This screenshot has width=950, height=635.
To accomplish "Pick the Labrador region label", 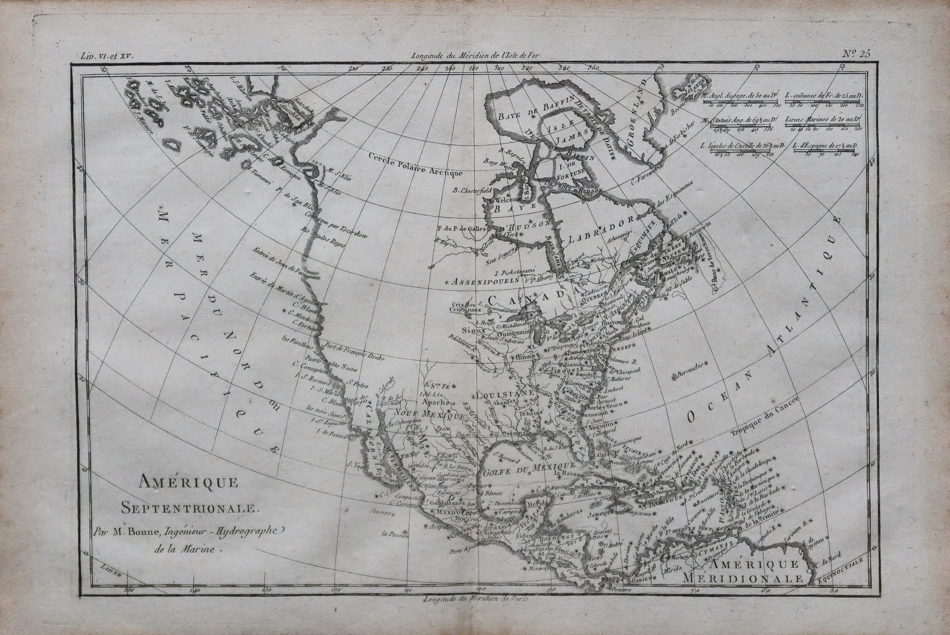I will (x=604, y=231).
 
